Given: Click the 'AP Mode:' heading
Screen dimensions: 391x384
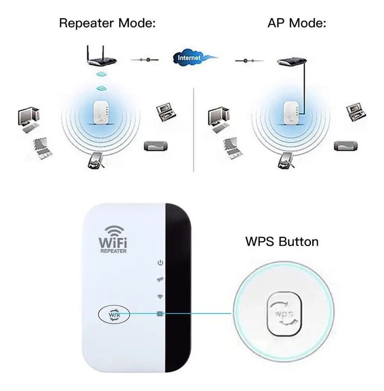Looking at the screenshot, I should pyautogui.click(x=297, y=23).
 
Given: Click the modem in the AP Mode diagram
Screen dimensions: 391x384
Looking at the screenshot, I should pyautogui.click(x=292, y=62).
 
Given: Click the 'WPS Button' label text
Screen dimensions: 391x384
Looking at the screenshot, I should pyautogui.click(x=281, y=241).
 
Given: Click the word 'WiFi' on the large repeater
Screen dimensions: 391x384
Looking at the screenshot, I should pyautogui.click(x=113, y=241).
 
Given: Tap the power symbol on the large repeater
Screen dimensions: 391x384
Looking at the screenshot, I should pyautogui.click(x=160, y=263).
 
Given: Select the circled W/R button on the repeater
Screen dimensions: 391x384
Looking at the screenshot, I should pyautogui.click(x=114, y=315).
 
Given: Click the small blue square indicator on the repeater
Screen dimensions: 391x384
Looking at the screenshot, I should pyautogui.click(x=159, y=314).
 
